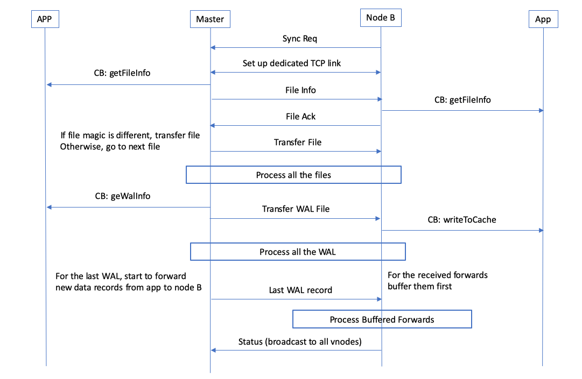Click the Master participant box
point(210,19)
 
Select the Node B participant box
point(381,17)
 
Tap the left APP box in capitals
point(45,19)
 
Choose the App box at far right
point(543,19)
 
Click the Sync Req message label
point(296,39)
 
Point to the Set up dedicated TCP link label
point(292,63)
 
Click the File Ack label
point(300,116)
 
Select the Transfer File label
point(298,142)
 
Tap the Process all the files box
point(293,175)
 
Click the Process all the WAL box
point(298,252)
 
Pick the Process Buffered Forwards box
point(382,319)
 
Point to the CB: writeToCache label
point(462,219)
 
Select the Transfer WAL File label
point(296,209)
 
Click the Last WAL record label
point(300,290)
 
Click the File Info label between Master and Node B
point(300,90)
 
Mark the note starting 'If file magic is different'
point(130,141)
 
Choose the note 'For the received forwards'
point(437,281)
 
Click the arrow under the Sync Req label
point(296,48)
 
